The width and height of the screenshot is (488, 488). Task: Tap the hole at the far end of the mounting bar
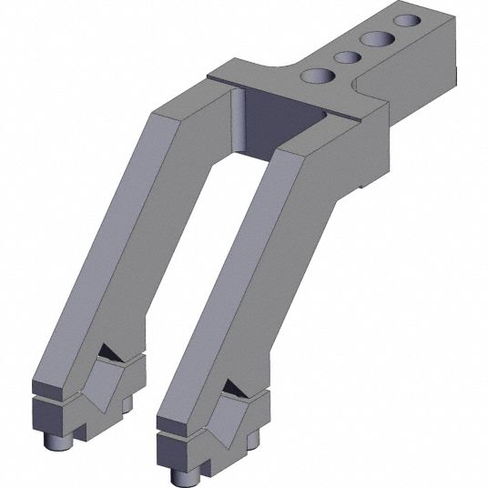pyautogui.click(x=403, y=19)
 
